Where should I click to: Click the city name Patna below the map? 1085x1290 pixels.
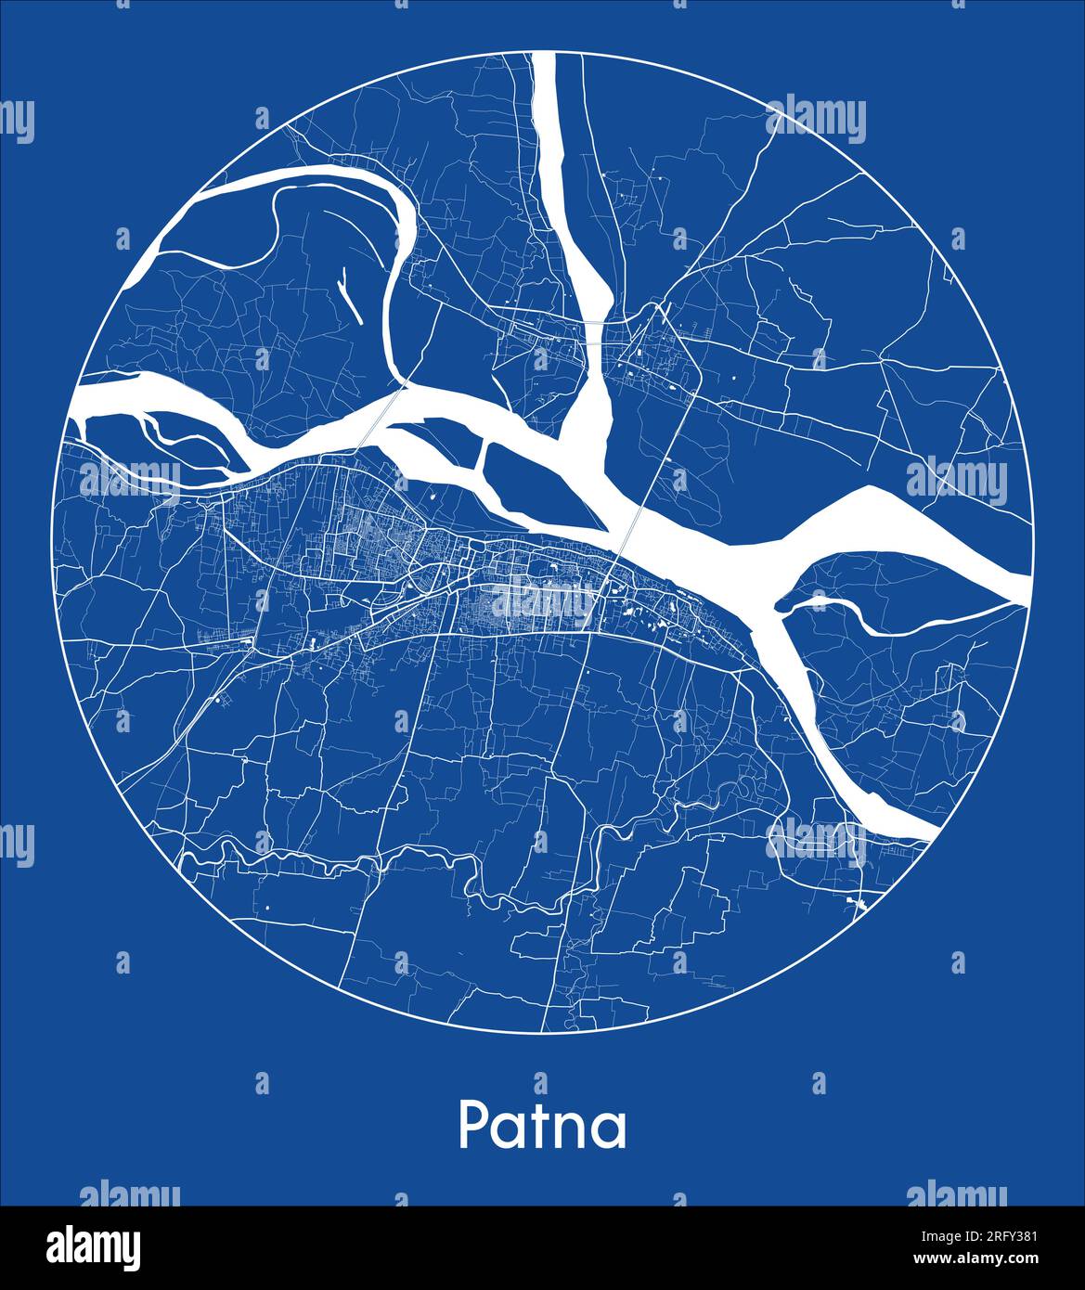542,1126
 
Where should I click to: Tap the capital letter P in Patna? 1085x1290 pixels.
473,1126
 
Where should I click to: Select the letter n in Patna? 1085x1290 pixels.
572,1130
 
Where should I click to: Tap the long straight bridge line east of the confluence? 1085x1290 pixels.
665,436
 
